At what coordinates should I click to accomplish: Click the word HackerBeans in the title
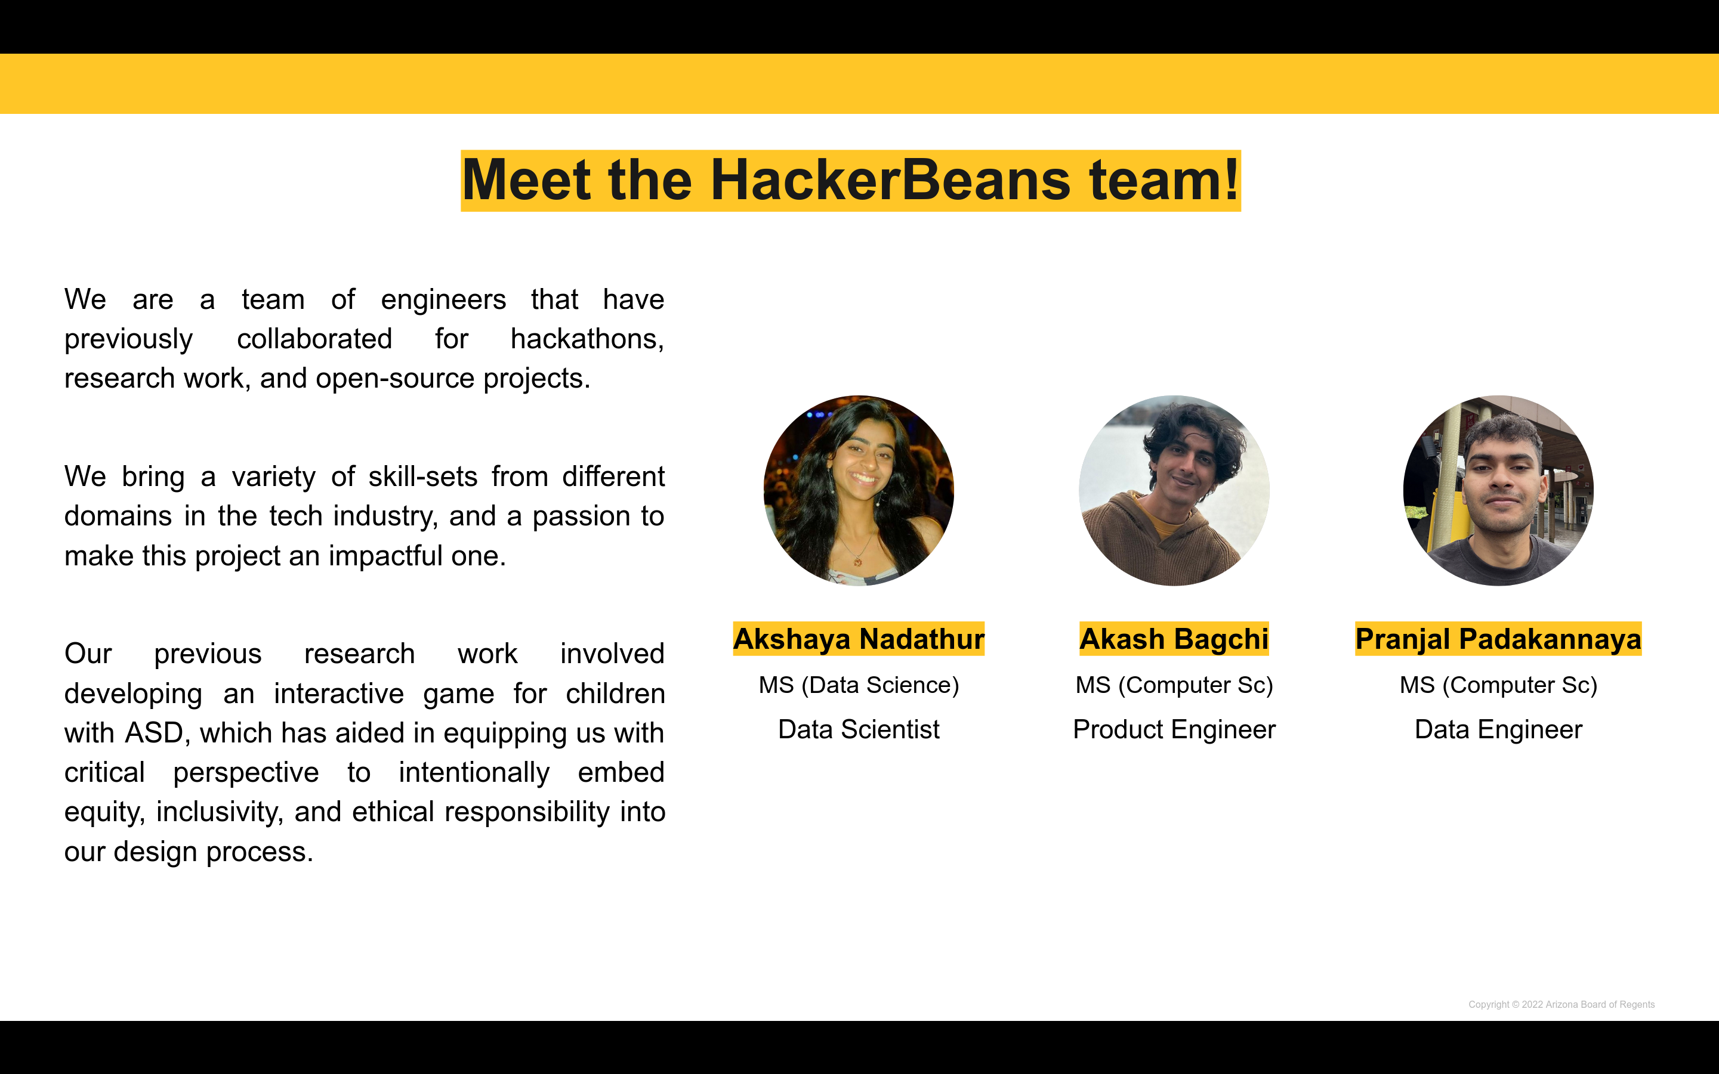point(890,181)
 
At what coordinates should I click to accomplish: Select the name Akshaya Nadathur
point(859,639)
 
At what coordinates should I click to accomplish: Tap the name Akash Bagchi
point(1174,639)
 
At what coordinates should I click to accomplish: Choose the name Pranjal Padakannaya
point(1498,639)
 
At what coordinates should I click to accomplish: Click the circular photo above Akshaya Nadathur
point(859,491)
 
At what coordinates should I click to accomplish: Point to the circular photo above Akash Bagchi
point(1174,491)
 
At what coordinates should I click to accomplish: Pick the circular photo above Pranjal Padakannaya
point(1498,491)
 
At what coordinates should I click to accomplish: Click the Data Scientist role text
point(859,729)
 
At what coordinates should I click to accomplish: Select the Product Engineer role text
point(1174,730)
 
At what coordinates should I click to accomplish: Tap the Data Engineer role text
point(1498,730)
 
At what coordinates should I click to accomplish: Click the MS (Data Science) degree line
point(859,685)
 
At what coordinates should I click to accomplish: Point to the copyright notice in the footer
point(1561,1004)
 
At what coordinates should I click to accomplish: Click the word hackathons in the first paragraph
point(587,339)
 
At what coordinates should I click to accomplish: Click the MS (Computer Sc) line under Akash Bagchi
point(1174,685)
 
